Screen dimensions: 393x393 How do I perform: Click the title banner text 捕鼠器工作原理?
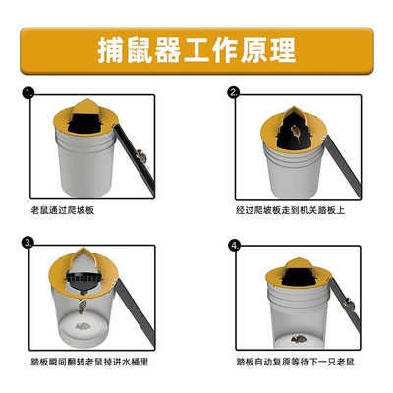point(196,49)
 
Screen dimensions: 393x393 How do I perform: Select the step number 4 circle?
point(233,244)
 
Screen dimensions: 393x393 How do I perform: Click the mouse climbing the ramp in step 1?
point(142,154)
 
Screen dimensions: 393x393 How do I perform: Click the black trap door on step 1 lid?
point(91,119)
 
